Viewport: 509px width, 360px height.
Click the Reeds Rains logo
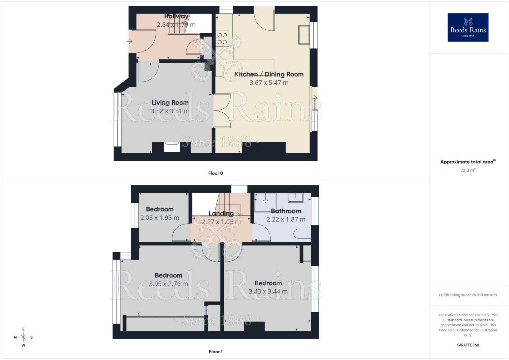pyautogui.click(x=468, y=27)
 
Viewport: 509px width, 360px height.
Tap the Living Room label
pyautogui.click(x=170, y=102)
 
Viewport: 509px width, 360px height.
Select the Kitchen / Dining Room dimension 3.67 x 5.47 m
pyautogui.click(x=269, y=83)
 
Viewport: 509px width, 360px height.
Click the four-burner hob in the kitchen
pyautogui.click(x=222, y=38)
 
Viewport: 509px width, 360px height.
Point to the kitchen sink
pyautogui.click(x=304, y=35)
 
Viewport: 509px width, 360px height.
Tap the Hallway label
pyautogui.click(x=176, y=16)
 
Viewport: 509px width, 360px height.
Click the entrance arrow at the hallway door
pyautogui.click(x=129, y=41)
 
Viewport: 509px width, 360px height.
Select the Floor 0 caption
pyautogui.click(x=215, y=173)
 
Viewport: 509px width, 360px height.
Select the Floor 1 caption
pyautogui.click(x=215, y=351)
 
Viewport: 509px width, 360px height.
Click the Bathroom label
pyautogui.click(x=286, y=211)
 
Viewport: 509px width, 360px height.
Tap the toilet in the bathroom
pyautogui.click(x=303, y=234)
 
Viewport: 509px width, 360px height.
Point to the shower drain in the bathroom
pyautogui.click(x=265, y=201)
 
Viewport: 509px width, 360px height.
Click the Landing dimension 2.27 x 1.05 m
pyautogui.click(x=221, y=222)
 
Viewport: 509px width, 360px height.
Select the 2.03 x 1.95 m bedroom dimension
pyautogui.click(x=160, y=218)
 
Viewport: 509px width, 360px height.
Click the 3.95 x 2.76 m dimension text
pyautogui.click(x=168, y=284)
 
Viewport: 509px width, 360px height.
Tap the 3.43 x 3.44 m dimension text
pyautogui.click(x=268, y=291)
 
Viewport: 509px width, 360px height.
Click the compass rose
pyautogui.click(x=23, y=337)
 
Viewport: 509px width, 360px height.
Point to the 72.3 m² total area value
pyautogui.click(x=468, y=170)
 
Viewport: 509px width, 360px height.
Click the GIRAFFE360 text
pyautogui.click(x=468, y=345)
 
